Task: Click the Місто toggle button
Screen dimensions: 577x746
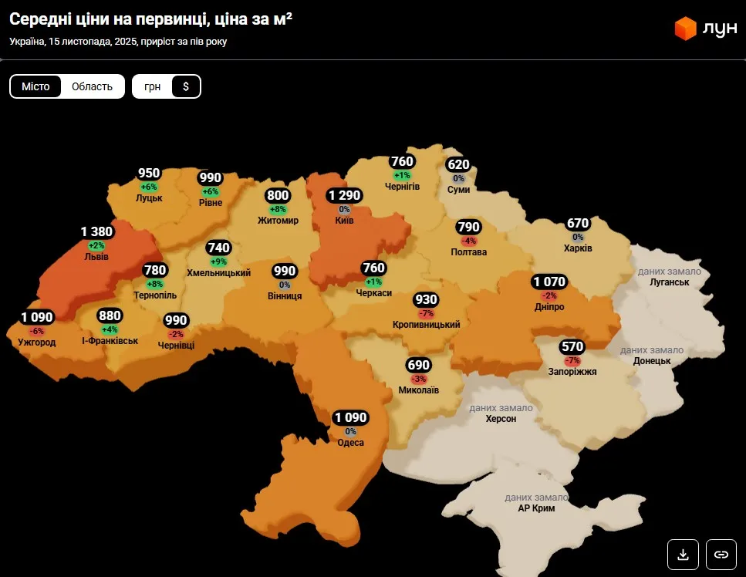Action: (x=35, y=86)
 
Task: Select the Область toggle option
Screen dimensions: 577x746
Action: (x=92, y=86)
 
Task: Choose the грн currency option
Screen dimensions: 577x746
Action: (x=152, y=86)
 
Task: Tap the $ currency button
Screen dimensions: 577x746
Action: (x=186, y=86)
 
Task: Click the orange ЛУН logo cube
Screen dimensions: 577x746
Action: (x=685, y=29)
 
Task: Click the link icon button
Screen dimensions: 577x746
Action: (x=721, y=554)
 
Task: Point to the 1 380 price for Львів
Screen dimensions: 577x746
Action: (x=97, y=231)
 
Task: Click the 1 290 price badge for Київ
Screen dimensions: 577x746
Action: (x=344, y=195)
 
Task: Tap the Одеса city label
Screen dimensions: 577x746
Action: (x=351, y=442)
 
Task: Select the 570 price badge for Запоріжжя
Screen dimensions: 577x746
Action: (x=572, y=347)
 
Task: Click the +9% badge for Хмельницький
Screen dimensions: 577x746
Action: (x=219, y=262)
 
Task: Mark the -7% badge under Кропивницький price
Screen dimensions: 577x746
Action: (x=426, y=313)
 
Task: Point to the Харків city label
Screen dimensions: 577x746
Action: (x=578, y=248)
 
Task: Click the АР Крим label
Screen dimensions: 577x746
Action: (x=536, y=508)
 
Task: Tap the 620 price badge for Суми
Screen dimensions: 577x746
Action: (x=458, y=164)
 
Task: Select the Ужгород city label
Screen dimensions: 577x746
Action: (x=37, y=342)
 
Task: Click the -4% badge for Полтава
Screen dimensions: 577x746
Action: (x=469, y=241)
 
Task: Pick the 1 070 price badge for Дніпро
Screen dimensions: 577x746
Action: (x=549, y=282)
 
